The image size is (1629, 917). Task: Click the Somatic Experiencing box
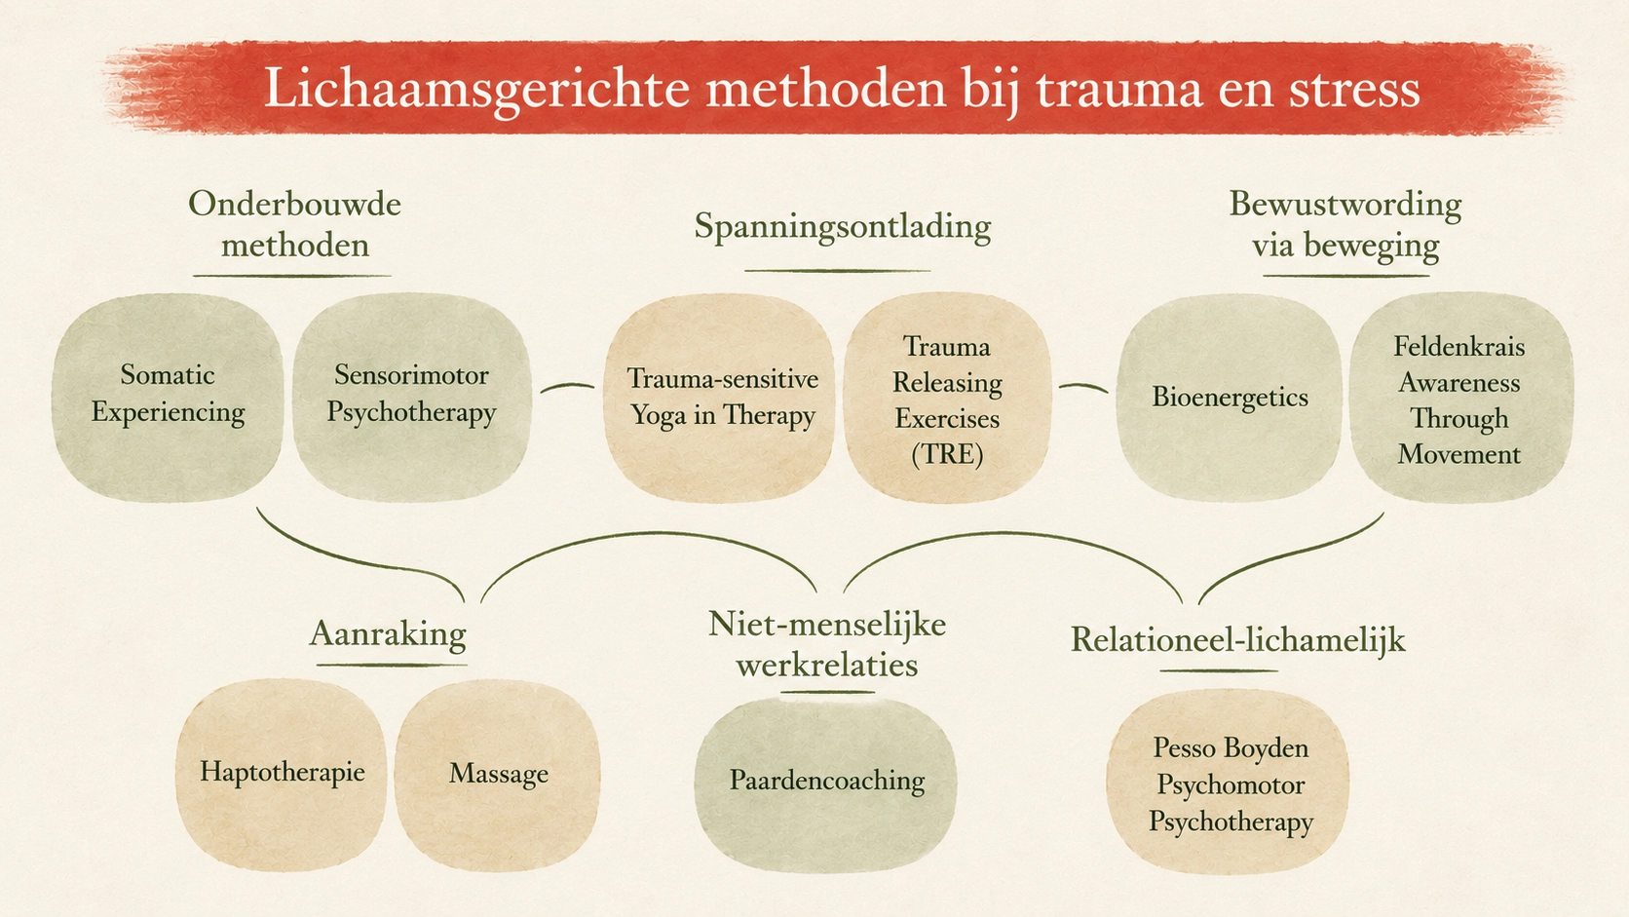click(168, 397)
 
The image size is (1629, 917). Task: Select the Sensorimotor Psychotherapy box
click(411, 397)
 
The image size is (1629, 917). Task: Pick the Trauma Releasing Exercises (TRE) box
click(947, 399)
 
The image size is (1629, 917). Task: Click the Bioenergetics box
click(1229, 397)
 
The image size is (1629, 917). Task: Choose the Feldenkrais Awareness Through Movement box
click(1460, 397)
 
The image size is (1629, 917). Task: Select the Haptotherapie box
click(282, 774)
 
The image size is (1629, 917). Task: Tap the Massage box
click(498, 774)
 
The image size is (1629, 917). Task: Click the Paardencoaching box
click(826, 783)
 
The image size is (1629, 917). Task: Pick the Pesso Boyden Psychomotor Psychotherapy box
click(1229, 783)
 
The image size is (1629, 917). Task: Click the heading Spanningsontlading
click(842, 226)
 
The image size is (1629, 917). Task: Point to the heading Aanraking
click(388, 633)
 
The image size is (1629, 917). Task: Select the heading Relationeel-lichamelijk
click(1237, 640)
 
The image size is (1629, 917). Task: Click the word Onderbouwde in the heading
click(294, 204)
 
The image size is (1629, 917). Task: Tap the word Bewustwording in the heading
click(1345, 205)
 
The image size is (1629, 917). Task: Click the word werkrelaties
click(827, 665)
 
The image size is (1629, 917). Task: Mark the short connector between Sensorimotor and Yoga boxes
click(567, 386)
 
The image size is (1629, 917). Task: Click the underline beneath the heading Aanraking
click(392, 665)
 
